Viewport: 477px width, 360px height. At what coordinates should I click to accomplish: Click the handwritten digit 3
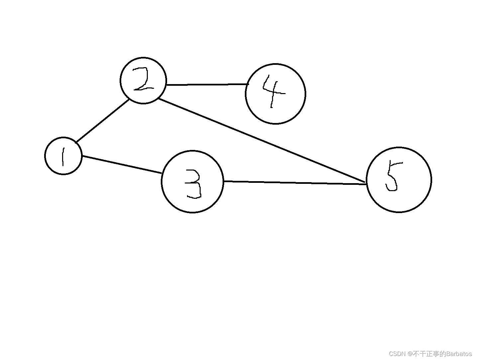tap(193, 184)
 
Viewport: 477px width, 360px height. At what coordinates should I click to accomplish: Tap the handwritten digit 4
tap(273, 90)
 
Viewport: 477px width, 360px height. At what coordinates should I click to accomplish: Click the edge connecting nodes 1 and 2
tap(102, 121)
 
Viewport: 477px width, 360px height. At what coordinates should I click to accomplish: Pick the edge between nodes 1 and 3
tap(122, 164)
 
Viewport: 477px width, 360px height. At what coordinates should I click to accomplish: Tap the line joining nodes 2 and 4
tap(207, 84)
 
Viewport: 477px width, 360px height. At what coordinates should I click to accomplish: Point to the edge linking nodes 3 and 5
tap(295, 182)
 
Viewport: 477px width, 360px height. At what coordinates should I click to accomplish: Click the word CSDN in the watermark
tap(398, 354)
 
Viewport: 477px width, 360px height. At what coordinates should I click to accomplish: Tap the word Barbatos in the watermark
tap(459, 354)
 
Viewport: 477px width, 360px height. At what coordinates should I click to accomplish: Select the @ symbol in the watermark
tap(410, 354)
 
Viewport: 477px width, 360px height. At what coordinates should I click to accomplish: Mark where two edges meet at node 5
tap(366, 183)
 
